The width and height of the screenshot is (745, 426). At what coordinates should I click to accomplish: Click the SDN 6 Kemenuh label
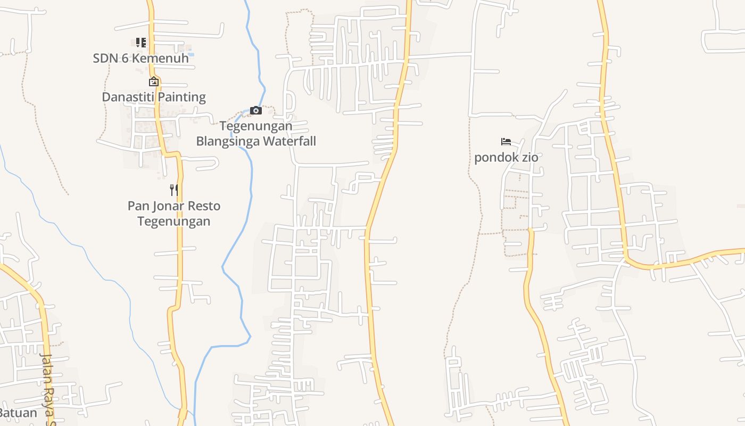(140, 58)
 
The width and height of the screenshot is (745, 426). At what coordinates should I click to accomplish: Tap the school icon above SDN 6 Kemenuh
(140, 43)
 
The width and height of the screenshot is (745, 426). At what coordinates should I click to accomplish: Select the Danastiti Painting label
(153, 97)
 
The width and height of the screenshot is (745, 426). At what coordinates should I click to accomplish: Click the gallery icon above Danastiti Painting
(153, 81)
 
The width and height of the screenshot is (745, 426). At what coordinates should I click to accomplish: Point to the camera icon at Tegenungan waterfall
(256, 110)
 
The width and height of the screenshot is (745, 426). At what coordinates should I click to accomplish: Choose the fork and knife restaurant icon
(173, 190)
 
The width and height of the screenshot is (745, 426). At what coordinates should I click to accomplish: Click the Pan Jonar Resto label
(173, 206)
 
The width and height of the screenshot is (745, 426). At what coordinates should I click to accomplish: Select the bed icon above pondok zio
(506, 142)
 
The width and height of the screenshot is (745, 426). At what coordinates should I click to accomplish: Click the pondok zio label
(506, 158)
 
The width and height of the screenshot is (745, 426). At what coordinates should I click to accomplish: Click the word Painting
(179, 97)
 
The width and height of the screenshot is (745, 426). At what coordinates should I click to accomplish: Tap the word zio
(529, 158)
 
